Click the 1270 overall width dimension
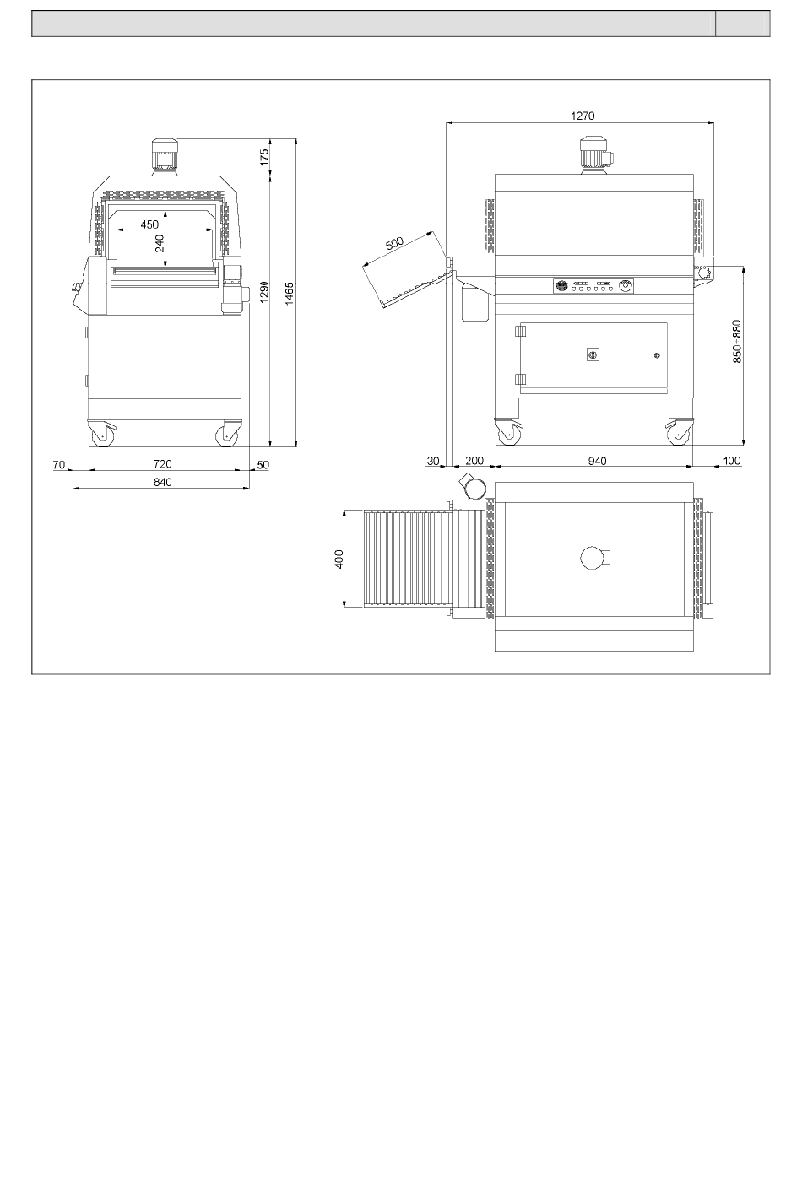tap(583, 116)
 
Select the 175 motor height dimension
tap(264, 157)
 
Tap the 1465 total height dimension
tap(289, 294)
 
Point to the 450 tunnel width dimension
tap(149, 224)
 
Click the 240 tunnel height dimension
tap(160, 243)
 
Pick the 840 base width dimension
tap(163, 482)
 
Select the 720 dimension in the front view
tap(163, 464)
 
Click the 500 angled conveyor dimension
tap(394, 243)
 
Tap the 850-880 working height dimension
tap(737, 341)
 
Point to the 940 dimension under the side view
tap(597, 461)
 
